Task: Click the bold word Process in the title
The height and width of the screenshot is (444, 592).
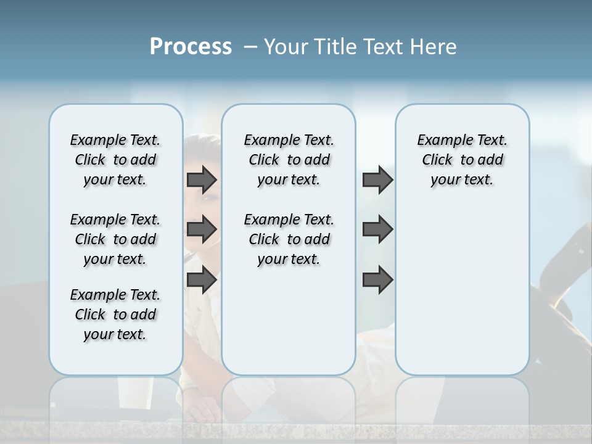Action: point(191,46)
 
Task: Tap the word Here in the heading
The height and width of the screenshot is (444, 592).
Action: point(431,47)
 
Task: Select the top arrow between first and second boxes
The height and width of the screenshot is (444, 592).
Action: point(202,179)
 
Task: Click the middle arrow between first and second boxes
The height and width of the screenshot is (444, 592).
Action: point(202,229)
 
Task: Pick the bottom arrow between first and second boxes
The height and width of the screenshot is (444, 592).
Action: point(202,279)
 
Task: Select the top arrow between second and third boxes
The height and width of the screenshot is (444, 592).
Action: point(377,179)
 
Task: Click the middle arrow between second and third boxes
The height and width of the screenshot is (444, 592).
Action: point(377,229)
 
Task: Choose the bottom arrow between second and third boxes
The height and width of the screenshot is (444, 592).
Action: point(377,279)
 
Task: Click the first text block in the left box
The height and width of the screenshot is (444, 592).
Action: point(115,160)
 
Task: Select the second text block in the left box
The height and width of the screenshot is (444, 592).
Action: point(115,239)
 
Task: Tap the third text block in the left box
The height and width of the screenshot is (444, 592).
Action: point(115,314)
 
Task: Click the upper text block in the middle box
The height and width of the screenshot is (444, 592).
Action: point(289,160)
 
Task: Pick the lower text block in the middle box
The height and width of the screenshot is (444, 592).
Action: point(289,239)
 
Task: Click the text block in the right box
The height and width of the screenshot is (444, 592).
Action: point(462,160)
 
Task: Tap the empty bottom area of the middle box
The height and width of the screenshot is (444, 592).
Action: point(289,327)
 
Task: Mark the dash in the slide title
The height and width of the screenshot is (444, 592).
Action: point(250,47)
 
